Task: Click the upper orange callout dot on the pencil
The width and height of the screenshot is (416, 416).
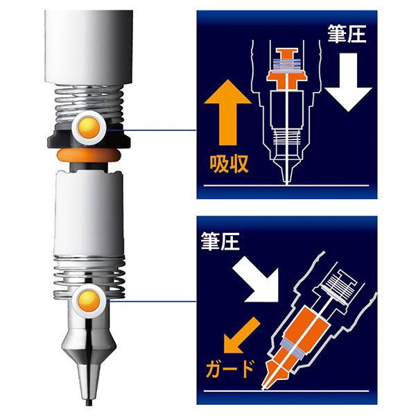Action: [89, 128]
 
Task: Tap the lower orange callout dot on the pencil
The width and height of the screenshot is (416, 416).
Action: [89, 301]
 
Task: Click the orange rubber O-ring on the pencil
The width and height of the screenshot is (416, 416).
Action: [89, 155]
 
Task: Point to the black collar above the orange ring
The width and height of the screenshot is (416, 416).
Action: [89, 139]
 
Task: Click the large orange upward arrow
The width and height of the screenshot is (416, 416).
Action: [227, 112]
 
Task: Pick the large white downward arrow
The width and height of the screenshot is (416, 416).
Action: [348, 83]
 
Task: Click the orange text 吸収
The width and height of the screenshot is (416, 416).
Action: [229, 164]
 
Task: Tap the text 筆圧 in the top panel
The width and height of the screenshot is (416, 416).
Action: [347, 34]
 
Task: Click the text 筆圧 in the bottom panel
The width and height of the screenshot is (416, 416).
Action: [220, 241]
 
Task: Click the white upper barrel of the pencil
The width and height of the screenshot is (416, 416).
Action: [89, 47]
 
